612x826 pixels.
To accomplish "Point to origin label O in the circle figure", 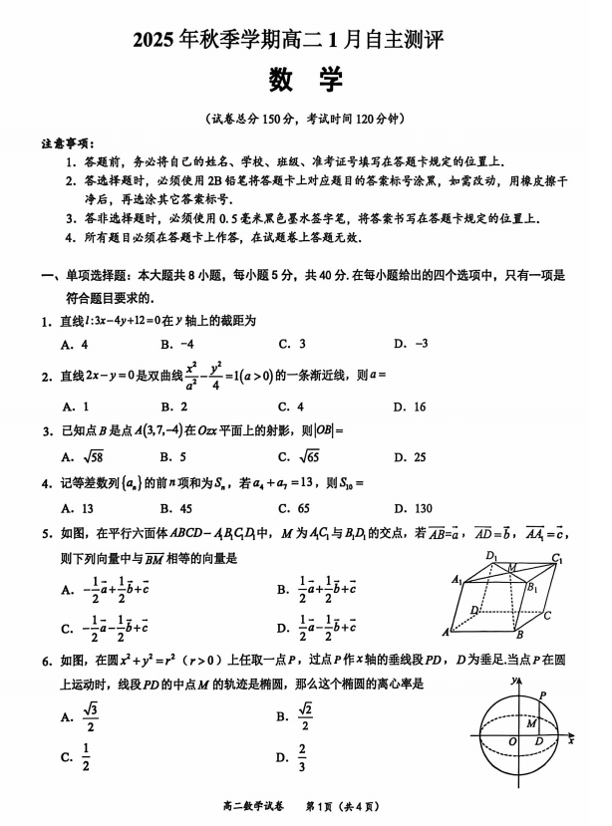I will [x=511, y=742].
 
